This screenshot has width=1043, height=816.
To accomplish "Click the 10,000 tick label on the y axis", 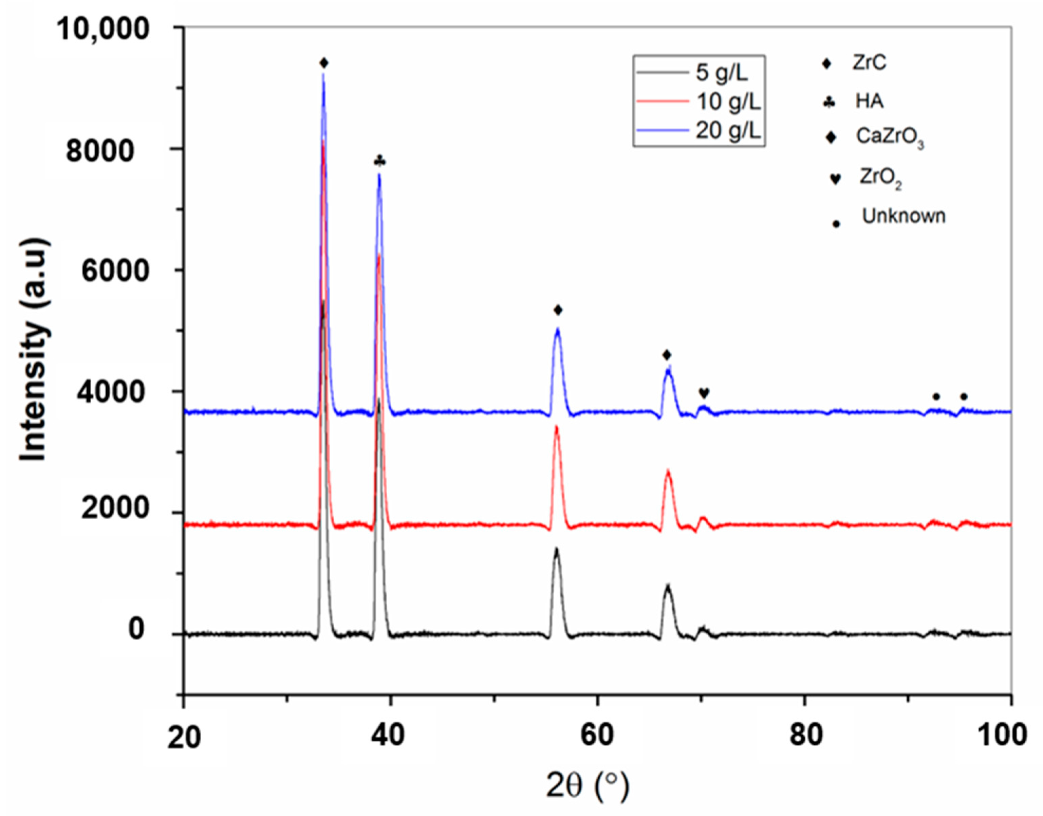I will point(103,29).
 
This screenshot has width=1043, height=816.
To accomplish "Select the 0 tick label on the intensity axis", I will point(136,629).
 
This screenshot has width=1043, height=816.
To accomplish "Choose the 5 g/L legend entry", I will point(722,72).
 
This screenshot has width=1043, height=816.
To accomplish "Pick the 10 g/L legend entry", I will point(728,101).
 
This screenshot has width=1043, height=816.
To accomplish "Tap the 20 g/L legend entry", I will point(728,130).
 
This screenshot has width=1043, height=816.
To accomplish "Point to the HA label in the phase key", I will point(869,101).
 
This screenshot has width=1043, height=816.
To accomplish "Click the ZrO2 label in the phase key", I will point(880,178).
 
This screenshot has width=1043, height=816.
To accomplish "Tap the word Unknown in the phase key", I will point(904,216).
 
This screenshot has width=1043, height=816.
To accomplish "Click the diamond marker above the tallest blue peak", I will point(324,63).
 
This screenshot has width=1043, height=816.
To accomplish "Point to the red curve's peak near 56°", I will point(557,427).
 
